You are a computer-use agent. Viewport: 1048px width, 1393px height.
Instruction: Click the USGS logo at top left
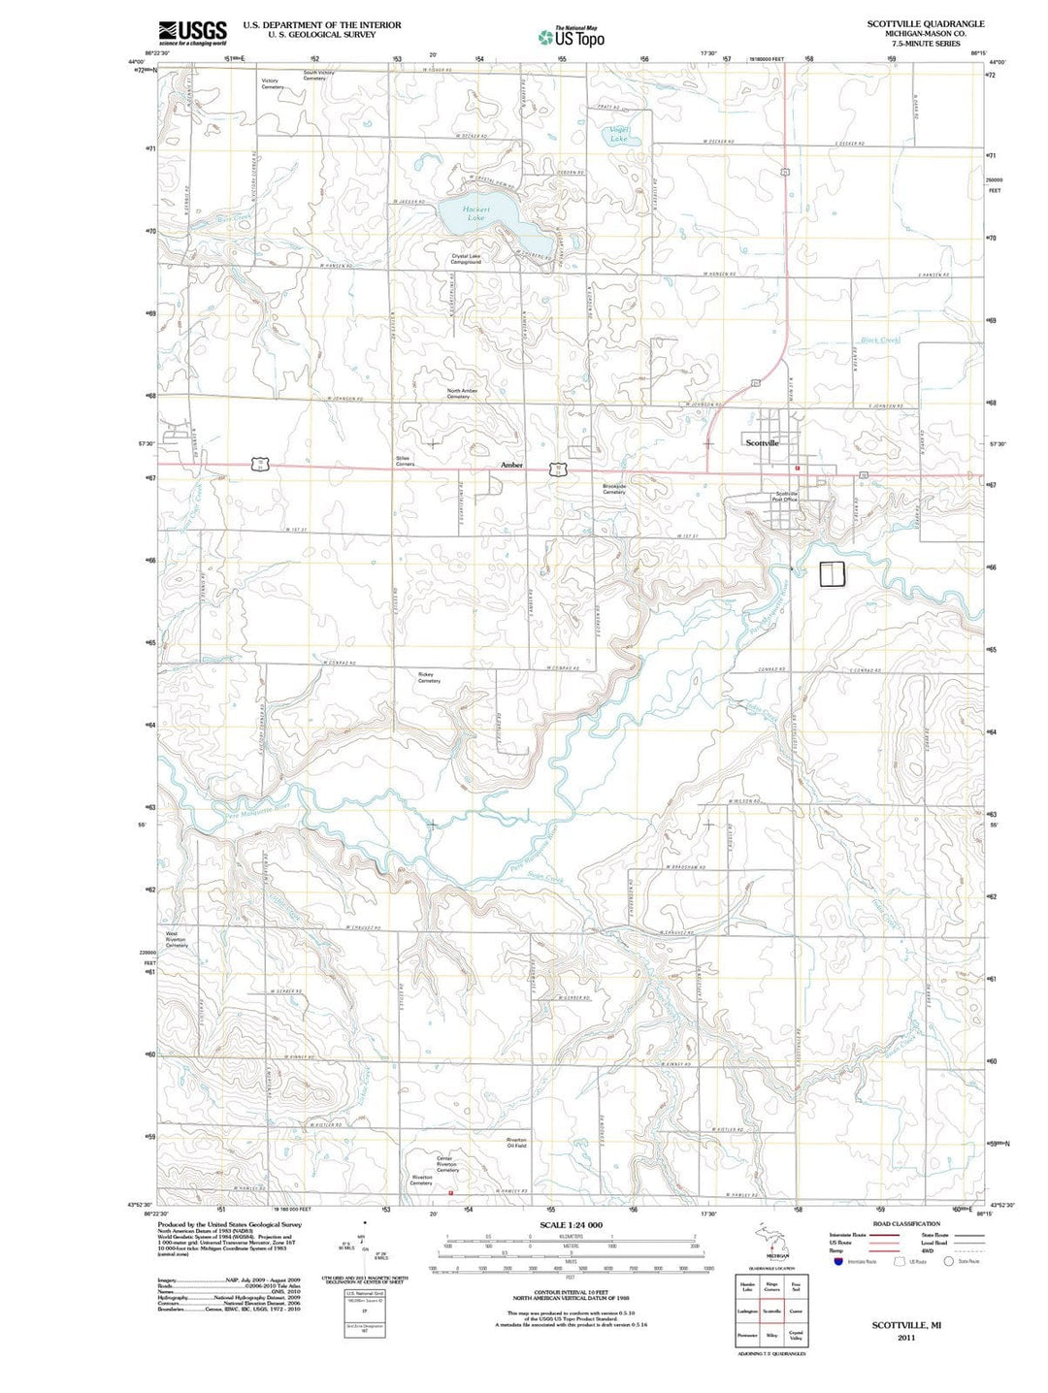tap(193, 32)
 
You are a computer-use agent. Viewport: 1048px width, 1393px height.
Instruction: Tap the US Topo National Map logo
tap(572, 37)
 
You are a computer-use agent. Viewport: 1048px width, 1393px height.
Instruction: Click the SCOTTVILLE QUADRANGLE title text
tap(925, 23)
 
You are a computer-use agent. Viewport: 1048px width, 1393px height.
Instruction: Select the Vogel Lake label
tap(618, 134)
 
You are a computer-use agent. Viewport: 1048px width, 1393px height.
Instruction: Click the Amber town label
tap(511, 466)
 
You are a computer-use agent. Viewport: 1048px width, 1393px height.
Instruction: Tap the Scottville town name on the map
tap(762, 442)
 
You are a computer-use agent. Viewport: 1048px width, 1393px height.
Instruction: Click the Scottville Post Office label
tap(785, 497)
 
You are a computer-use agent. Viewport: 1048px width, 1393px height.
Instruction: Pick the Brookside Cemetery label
tap(614, 489)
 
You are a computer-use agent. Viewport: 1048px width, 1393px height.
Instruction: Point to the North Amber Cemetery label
tap(462, 393)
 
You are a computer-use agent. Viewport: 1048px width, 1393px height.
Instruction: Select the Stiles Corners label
tap(405, 461)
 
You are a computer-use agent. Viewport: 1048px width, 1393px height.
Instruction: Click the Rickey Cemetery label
tap(429, 677)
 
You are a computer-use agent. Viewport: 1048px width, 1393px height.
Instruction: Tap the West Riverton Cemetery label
tap(177, 939)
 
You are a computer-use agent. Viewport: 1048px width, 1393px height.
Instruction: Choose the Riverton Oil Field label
tap(516, 1143)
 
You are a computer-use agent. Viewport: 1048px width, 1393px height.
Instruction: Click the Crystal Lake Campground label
tap(466, 259)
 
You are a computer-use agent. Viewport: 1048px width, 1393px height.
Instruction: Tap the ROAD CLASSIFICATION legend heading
tap(905, 1224)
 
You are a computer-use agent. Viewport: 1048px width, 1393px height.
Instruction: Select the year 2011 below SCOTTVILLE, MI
tap(906, 1337)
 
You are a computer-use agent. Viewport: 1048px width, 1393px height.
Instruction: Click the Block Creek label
tap(880, 340)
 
